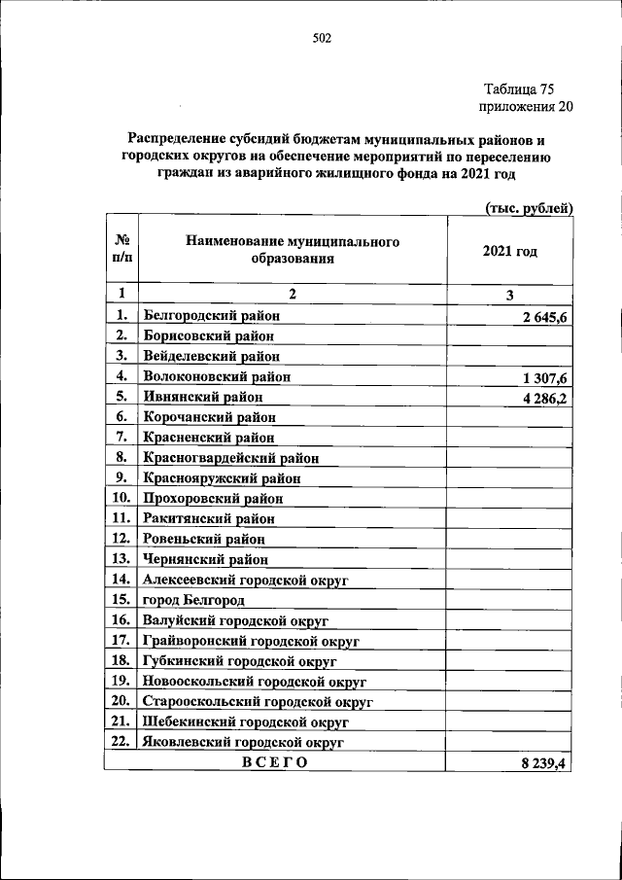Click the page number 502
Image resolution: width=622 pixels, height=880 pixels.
tap(323, 38)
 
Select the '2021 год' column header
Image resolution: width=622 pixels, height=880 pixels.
tap(509, 251)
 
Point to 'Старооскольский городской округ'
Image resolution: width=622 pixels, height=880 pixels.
tap(259, 701)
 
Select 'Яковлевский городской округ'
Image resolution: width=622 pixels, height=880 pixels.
tap(245, 742)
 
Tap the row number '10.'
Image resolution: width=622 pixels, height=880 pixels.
tap(121, 497)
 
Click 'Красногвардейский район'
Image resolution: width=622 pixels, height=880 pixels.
tap(231, 457)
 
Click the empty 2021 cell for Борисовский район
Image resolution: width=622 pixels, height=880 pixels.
tap(509, 335)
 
